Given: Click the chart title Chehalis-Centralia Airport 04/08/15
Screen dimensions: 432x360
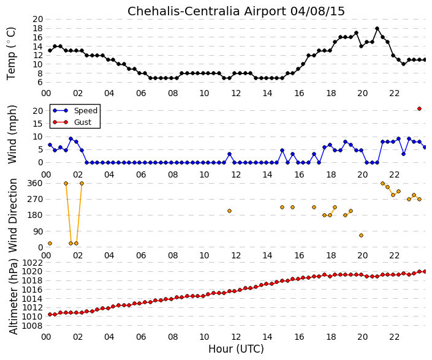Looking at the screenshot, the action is (236, 12).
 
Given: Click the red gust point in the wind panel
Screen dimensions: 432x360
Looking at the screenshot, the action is (419, 109).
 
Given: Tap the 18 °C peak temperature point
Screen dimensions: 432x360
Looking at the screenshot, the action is (377, 28).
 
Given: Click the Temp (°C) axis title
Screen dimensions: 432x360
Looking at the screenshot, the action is (12, 53).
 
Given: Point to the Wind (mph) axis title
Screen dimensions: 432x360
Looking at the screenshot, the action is (12, 135).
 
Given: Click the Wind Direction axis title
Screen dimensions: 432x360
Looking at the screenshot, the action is (13, 216).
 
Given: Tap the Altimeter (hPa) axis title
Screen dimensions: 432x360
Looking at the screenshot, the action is (13, 296).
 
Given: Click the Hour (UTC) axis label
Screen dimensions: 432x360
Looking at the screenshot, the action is (236, 349).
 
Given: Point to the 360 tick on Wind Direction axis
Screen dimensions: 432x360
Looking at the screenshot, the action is (35, 184).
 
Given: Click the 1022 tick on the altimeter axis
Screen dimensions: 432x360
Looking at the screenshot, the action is (32, 263).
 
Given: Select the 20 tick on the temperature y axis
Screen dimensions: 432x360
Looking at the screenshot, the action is (38, 19).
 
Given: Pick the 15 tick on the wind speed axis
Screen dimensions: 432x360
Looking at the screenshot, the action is (38, 124).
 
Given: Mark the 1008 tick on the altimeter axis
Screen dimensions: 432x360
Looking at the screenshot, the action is (32, 326).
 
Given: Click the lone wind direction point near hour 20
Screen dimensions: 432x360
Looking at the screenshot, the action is (361, 235).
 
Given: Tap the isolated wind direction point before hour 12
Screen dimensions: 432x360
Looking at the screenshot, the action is (229, 211).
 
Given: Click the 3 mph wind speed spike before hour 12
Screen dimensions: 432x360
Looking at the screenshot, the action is (229, 154).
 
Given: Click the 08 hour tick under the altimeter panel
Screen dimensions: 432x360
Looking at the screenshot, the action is (173, 337).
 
